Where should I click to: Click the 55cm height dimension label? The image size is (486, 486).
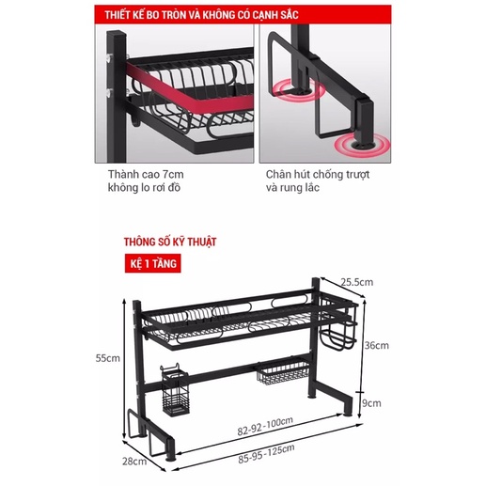coord(108,358)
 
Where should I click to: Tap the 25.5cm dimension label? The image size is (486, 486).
coord(357,282)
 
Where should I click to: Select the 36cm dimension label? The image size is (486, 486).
coord(376,345)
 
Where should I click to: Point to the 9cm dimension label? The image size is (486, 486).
coord(371,403)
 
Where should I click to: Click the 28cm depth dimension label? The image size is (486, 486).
coord(134,461)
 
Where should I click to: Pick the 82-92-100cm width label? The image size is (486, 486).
coord(265,426)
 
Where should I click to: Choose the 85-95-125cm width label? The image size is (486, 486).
coord(266,453)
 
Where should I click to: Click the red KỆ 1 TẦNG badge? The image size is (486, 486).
coord(153,263)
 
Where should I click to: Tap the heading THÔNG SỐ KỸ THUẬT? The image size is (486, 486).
coord(170,242)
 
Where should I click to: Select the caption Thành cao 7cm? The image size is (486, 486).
coord(146,174)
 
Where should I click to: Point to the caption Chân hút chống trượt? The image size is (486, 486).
coord(318,174)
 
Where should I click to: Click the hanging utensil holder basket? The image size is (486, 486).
coord(175,390)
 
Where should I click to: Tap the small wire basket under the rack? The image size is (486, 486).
coord(283,372)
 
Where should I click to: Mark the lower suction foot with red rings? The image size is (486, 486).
coord(362,145)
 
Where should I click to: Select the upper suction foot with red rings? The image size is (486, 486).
coord(298,90)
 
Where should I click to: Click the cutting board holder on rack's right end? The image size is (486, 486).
coord(338,324)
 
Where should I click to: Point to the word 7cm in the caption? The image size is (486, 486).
coord(173,174)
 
